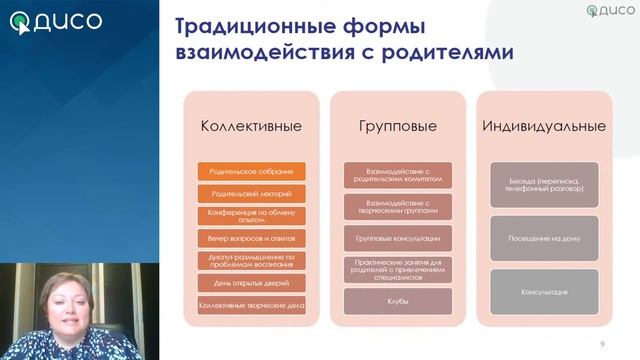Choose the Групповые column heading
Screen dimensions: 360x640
(397, 127)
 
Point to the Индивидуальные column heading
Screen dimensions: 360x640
(544, 127)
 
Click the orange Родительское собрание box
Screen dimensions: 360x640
(252, 172)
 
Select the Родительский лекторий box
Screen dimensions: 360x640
(252, 193)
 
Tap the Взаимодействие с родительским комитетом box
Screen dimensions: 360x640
(397, 176)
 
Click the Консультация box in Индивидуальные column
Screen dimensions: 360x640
(544, 292)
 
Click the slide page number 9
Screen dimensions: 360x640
(602, 344)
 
